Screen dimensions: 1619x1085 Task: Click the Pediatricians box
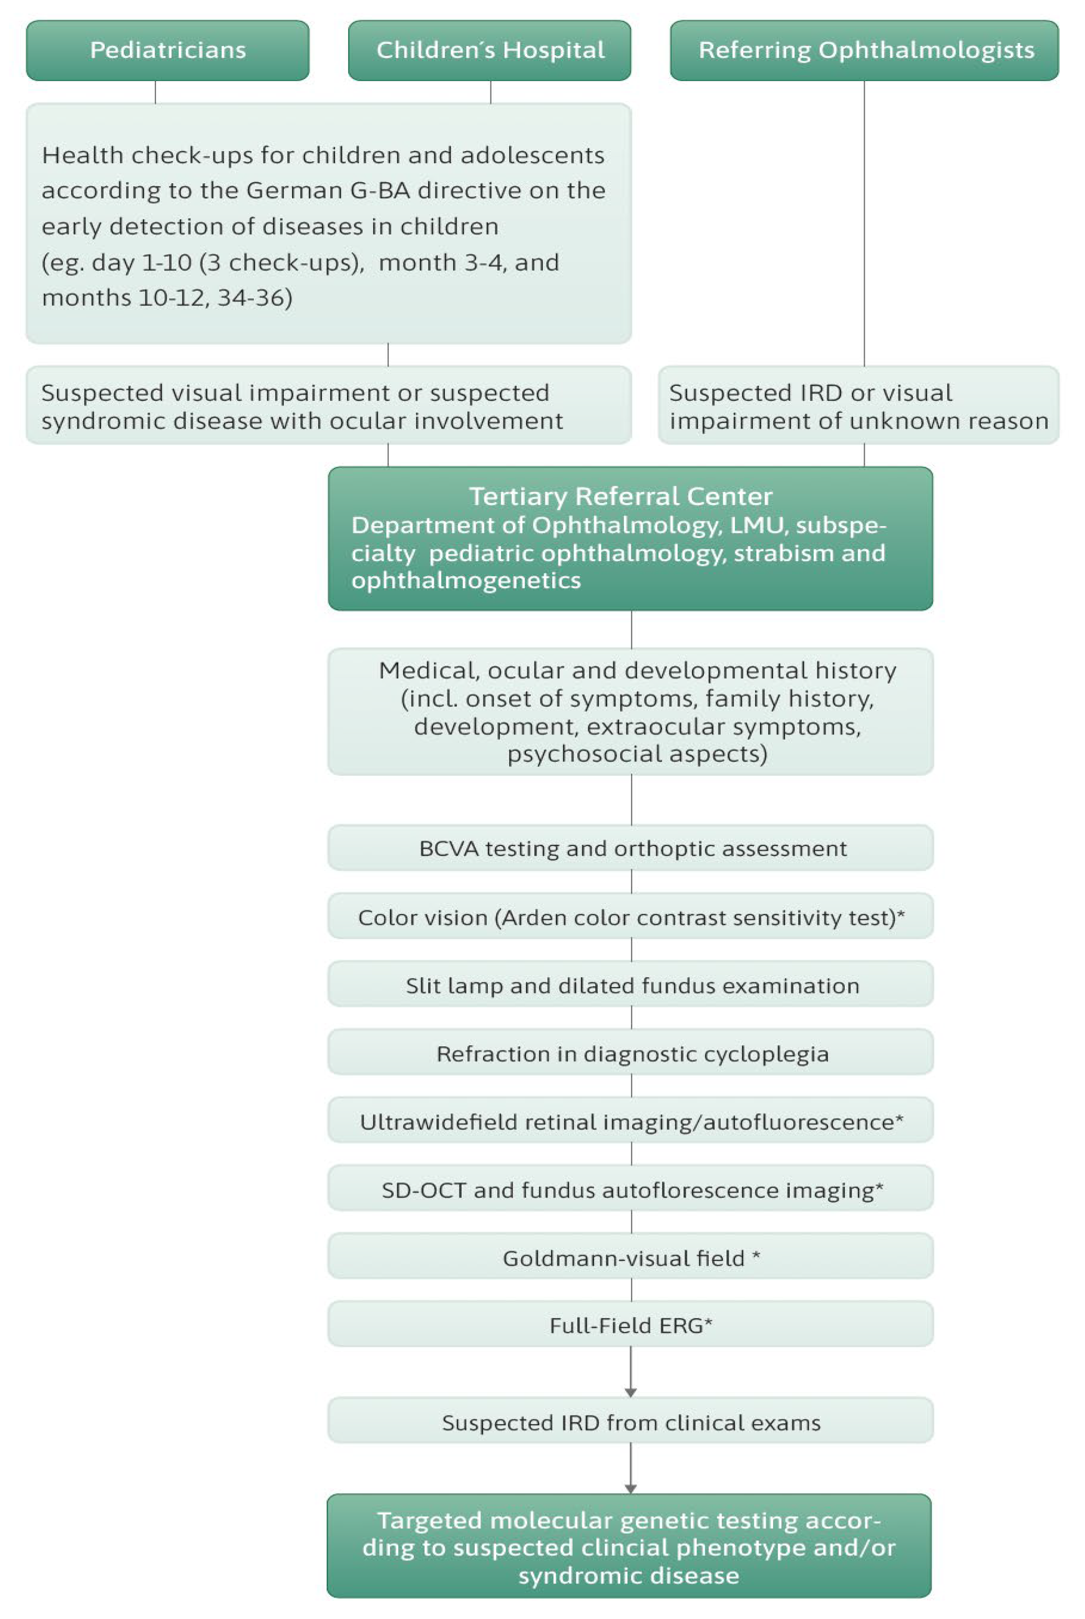[167, 50]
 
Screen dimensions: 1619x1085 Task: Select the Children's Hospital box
[490, 50]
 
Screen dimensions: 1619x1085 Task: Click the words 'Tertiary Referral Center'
[620, 496]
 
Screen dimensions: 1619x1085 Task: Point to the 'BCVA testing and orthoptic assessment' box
[631, 848]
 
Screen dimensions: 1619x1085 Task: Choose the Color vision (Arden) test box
[631, 917]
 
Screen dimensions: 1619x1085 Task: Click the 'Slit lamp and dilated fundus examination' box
[631, 985]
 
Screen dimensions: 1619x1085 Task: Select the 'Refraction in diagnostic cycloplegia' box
[631, 1053]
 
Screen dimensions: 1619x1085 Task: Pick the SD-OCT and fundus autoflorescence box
[631, 1189]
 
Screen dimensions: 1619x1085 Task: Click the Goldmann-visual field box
[631, 1257]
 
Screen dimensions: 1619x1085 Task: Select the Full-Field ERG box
[631, 1325]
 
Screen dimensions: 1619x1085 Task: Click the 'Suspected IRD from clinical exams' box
[631, 1423]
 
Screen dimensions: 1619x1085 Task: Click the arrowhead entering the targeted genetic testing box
[630, 1488]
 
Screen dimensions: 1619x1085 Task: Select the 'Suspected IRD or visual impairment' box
[858, 406]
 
